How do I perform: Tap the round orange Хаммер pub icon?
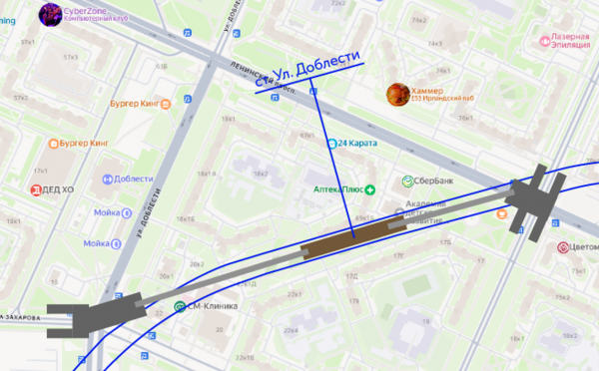pyautogui.click(x=397, y=94)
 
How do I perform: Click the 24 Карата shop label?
pyautogui.click(x=357, y=144)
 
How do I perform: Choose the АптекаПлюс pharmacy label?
pyautogui.click(x=332, y=188)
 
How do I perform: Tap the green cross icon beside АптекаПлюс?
pyautogui.click(x=369, y=188)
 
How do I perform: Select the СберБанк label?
pyautogui.click(x=427, y=182)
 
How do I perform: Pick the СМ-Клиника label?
pyautogui.click(x=213, y=306)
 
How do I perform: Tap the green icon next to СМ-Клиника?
pyautogui.click(x=180, y=306)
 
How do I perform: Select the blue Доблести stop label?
pyautogui.click(x=133, y=179)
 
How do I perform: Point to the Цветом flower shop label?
pyautogui.click(x=583, y=246)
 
